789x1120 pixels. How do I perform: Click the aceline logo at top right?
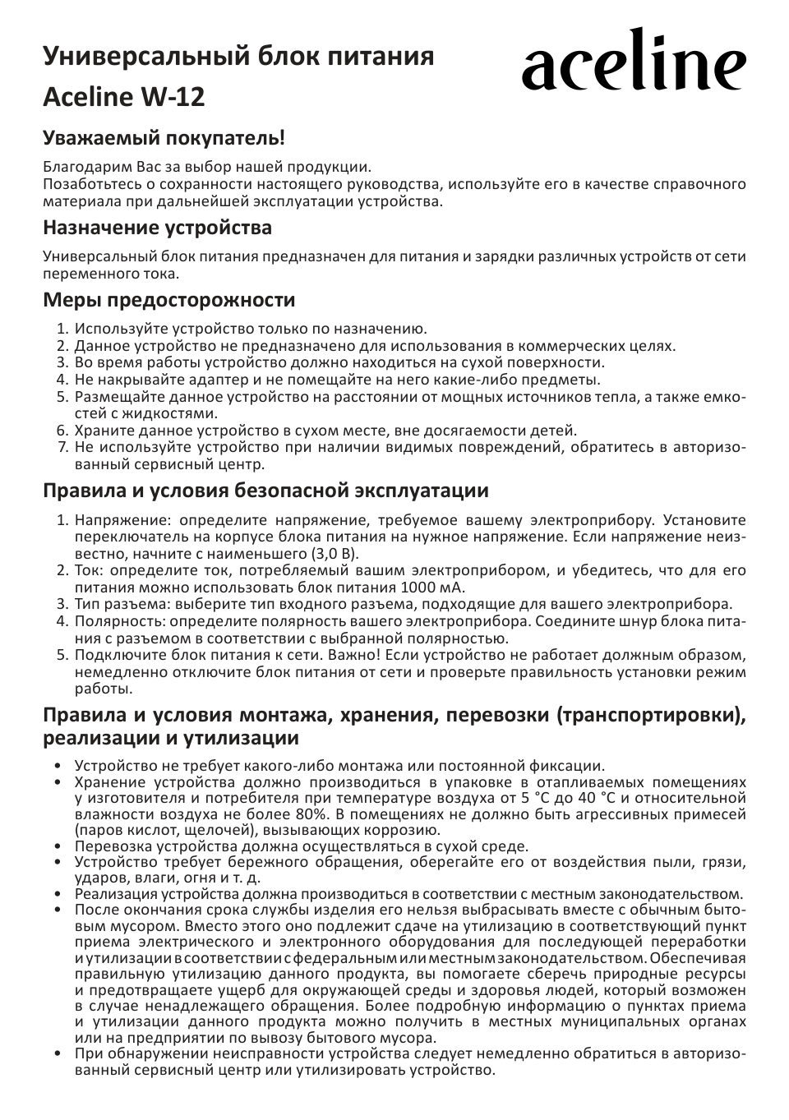click(634, 62)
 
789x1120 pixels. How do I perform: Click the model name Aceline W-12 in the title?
click(123, 98)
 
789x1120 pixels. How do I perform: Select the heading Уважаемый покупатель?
click(164, 136)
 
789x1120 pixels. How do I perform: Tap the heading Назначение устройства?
click(157, 227)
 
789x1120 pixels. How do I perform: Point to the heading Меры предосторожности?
click(168, 299)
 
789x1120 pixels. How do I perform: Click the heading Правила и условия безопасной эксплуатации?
click(265, 491)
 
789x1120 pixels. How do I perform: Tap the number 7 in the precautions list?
click(62, 447)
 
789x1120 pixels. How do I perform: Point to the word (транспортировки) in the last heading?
click(650, 715)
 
